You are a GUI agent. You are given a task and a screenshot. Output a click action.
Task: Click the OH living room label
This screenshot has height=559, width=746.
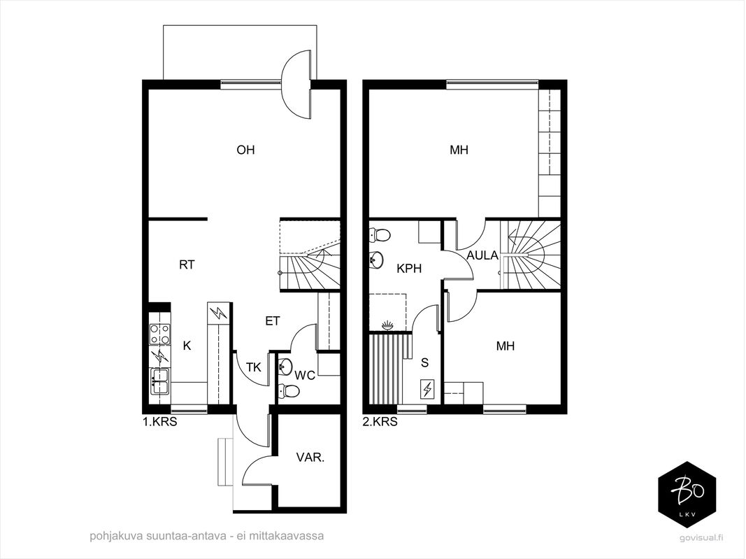click(x=245, y=150)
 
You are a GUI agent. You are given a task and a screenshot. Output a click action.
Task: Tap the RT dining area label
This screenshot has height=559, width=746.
click(x=187, y=264)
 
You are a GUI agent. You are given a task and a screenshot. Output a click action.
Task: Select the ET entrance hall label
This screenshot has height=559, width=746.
click(x=273, y=321)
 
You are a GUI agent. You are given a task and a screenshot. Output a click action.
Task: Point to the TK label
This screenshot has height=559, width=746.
click(x=254, y=367)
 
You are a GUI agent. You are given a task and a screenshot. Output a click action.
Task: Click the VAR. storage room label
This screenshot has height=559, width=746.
click(x=310, y=458)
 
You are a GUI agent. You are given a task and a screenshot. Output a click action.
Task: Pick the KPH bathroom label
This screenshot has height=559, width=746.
click(x=409, y=269)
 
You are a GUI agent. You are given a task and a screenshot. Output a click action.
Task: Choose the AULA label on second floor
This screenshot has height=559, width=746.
click(x=482, y=255)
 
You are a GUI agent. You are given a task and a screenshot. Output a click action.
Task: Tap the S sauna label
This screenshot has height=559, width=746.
click(x=425, y=363)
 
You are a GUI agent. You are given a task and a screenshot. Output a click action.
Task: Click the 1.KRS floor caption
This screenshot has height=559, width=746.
click(x=160, y=422)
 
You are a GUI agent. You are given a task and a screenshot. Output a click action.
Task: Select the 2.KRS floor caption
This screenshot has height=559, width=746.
click(x=380, y=422)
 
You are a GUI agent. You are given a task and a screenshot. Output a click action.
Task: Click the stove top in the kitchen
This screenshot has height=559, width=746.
click(x=160, y=334)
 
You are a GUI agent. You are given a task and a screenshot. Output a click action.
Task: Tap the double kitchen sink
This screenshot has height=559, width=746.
click(x=160, y=381)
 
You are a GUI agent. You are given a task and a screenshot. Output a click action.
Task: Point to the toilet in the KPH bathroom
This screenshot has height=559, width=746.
click(x=380, y=235)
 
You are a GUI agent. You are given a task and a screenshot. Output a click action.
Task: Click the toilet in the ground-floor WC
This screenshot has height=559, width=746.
click(x=289, y=391)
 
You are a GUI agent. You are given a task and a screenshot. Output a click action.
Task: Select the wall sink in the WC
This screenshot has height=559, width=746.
click(x=285, y=366)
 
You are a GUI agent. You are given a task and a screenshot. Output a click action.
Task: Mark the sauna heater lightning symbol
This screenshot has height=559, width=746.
click(x=427, y=390)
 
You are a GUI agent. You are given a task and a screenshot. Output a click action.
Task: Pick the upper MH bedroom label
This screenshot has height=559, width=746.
click(x=459, y=150)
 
